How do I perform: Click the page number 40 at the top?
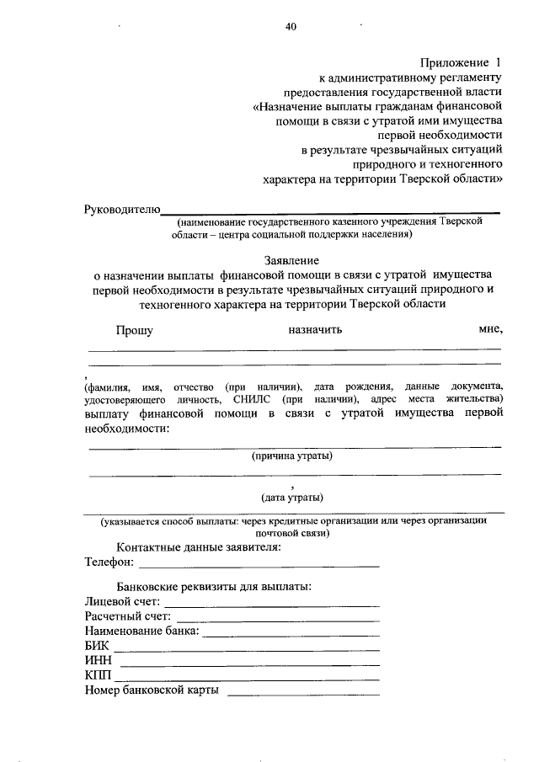pyautogui.click(x=291, y=27)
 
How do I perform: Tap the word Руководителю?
pyautogui.click(x=122, y=208)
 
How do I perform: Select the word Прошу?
pyautogui.click(x=134, y=330)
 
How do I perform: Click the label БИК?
pyautogui.click(x=97, y=647)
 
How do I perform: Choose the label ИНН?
pyautogui.click(x=99, y=662)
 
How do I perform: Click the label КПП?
pyautogui.click(x=98, y=677)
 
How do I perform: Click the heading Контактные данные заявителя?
pyautogui.click(x=199, y=547)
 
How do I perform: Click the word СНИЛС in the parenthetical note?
pyautogui.click(x=252, y=399)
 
